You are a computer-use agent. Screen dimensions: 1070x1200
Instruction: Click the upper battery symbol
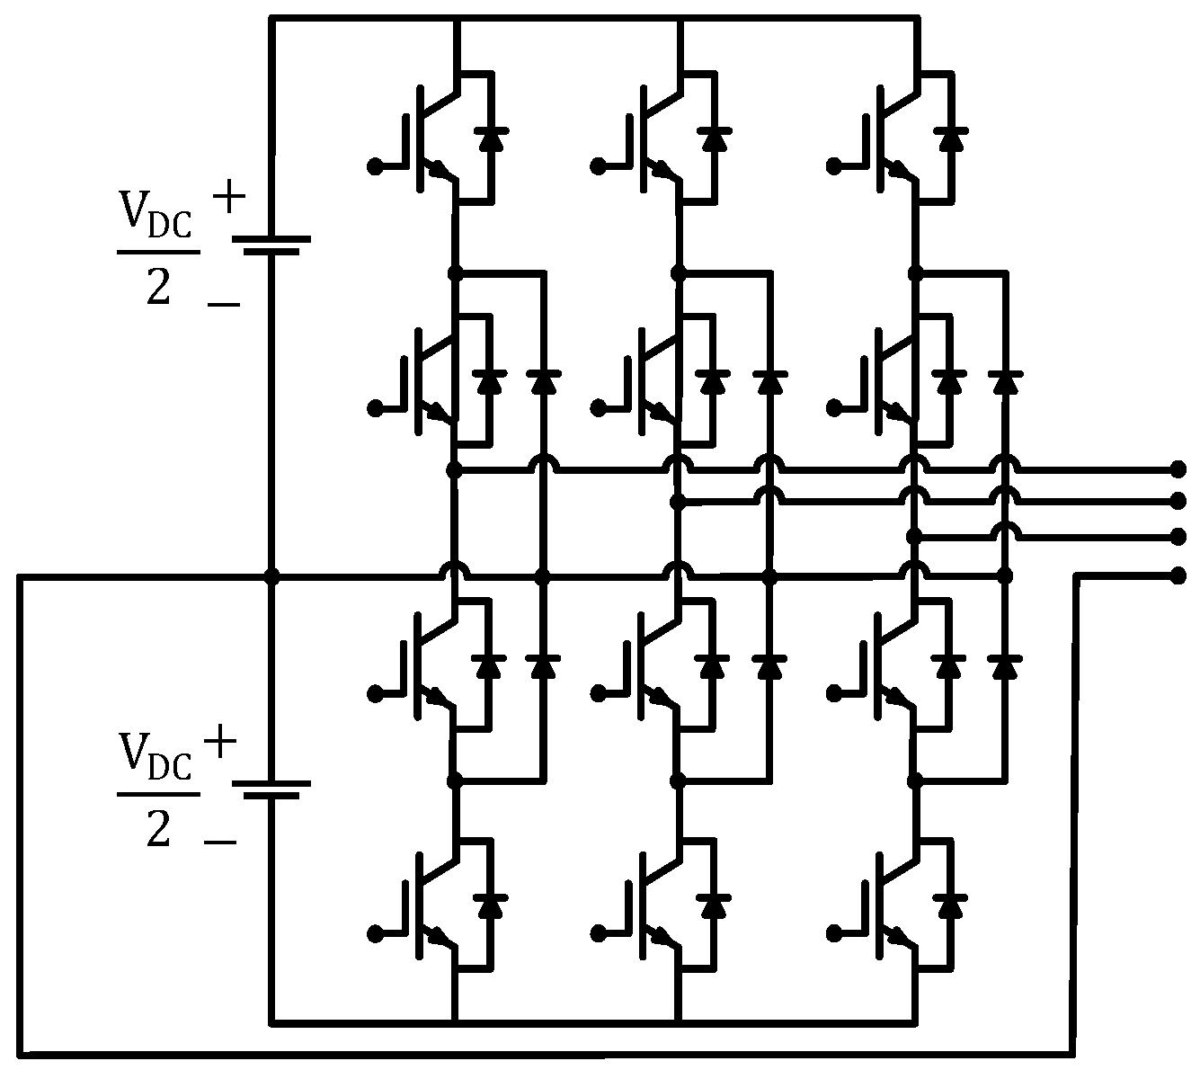[x=271, y=245]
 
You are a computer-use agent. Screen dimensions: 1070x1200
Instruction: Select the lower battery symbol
[x=271, y=789]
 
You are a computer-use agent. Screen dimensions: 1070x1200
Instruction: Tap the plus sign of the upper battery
[x=229, y=197]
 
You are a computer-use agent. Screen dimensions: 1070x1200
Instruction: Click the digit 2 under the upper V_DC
[x=158, y=290]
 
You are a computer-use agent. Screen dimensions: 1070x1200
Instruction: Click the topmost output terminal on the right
[x=1178, y=469]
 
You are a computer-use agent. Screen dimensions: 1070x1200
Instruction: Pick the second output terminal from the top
[x=1178, y=500]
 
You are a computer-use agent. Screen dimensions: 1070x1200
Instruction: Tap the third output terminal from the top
[x=1178, y=537]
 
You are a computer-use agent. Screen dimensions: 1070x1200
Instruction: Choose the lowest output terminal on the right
[x=1178, y=575]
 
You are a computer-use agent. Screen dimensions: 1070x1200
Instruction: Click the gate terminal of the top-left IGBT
[x=375, y=165]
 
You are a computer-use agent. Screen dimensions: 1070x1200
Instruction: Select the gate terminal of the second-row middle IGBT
[x=598, y=408]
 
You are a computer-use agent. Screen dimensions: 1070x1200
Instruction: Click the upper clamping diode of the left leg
[x=541, y=381]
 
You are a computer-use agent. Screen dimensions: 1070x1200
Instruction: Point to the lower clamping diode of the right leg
[x=1004, y=666]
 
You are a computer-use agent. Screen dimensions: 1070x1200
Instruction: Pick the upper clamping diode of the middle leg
[x=768, y=381]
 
